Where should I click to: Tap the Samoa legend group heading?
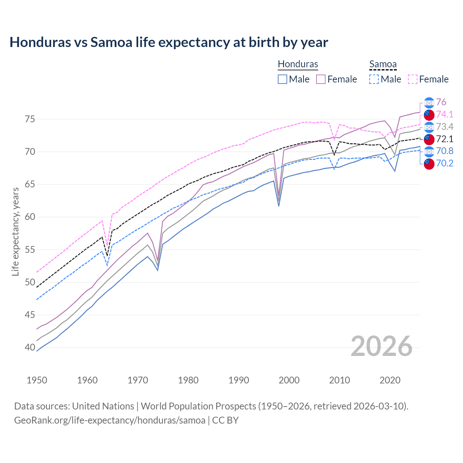tap(383, 64)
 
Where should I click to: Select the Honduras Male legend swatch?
tap(283, 79)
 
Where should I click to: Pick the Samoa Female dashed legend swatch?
tap(413, 79)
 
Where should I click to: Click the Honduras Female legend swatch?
tap(321, 79)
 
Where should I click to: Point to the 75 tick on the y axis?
tap(30, 119)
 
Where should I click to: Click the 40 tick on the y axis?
tap(30, 348)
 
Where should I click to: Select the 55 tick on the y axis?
tap(30, 250)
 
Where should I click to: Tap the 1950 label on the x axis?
tap(37, 380)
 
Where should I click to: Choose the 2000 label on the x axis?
tap(289, 380)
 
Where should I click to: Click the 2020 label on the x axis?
tap(390, 380)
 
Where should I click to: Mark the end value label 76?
tap(441, 102)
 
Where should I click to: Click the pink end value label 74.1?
tap(445, 115)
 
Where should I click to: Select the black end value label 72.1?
tap(445, 139)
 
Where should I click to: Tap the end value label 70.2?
tap(445, 163)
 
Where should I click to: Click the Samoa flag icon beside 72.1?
tap(429, 139)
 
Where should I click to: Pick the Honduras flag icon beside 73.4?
tap(429, 127)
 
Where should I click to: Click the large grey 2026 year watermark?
tap(381, 347)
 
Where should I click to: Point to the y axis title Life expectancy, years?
tap(16, 231)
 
